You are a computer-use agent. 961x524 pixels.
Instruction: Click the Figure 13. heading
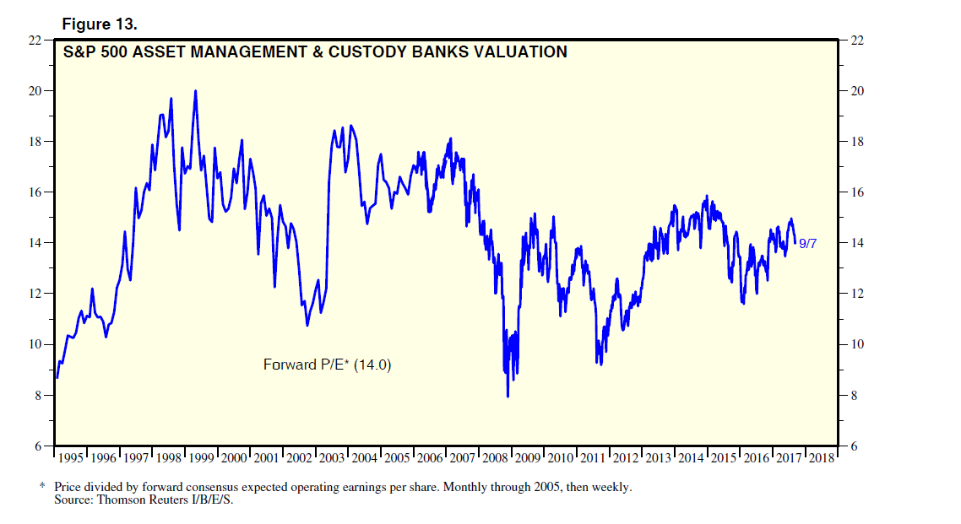[100, 24]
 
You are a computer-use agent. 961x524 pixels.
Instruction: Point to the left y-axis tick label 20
[36, 91]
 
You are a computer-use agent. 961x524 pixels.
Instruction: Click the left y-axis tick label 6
[40, 446]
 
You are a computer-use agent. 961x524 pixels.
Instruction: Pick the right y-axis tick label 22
[859, 41]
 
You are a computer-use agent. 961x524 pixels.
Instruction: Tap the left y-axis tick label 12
[36, 294]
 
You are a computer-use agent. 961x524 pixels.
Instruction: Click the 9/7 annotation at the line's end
[807, 244]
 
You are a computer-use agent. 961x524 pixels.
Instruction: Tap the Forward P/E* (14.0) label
[328, 365]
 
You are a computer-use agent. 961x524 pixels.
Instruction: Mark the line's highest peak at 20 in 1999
[196, 91]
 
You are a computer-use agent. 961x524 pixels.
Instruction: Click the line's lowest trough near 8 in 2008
[508, 396]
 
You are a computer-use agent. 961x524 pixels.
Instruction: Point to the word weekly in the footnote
[611, 488]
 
